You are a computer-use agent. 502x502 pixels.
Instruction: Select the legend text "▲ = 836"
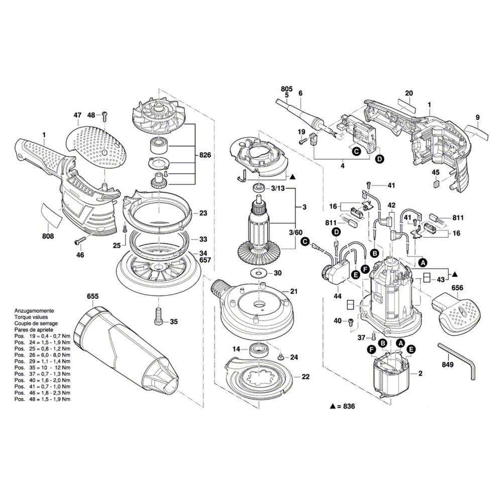[342, 406]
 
